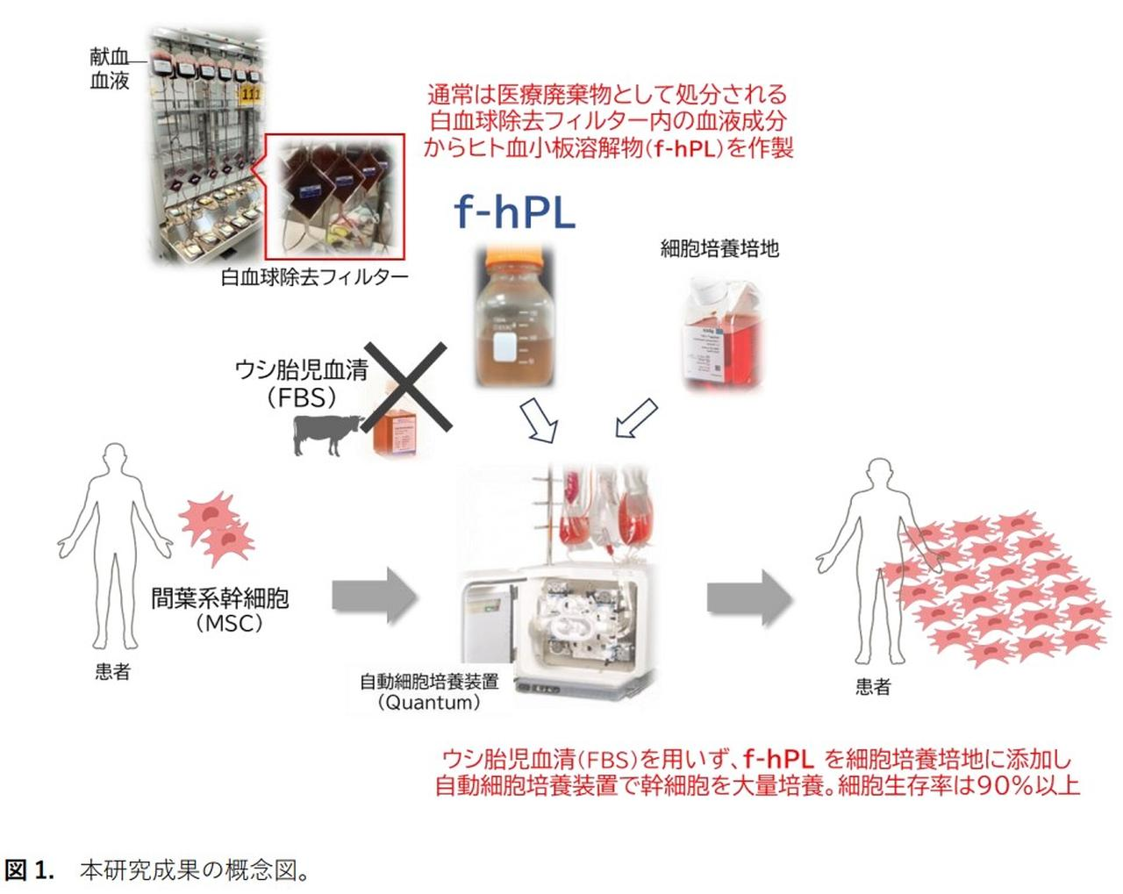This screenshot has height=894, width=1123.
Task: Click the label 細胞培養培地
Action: pos(719,248)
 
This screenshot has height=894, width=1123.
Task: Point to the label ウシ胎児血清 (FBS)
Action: pos(301,383)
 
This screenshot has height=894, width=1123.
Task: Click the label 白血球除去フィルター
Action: pos(314,278)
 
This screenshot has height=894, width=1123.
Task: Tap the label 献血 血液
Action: pos(109,69)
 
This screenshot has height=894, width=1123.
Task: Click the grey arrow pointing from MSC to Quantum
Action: pos(375,597)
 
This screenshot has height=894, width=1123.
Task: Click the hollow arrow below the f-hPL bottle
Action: pos(539,420)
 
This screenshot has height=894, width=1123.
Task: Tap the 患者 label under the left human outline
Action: pos(112,672)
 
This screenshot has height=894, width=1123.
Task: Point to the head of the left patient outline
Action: pos(114,460)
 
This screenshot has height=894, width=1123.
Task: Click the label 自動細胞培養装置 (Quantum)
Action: pos(429,691)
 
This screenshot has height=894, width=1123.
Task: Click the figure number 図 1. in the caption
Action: pos(30,870)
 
